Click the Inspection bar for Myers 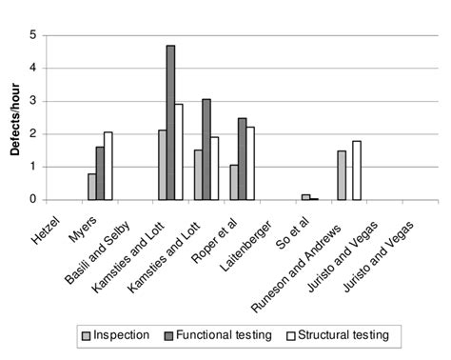point(92,187)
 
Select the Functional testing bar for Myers point(101,173)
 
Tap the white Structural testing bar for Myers point(108,166)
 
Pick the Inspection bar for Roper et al point(233,182)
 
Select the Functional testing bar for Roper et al point(242,159)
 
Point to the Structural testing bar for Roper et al point(250,163)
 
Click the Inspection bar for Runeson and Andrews point(340,175)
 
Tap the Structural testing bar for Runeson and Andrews point(356,170)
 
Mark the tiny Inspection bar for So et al point(305,197)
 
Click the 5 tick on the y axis point(34,35)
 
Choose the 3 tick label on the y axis point(34,101)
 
